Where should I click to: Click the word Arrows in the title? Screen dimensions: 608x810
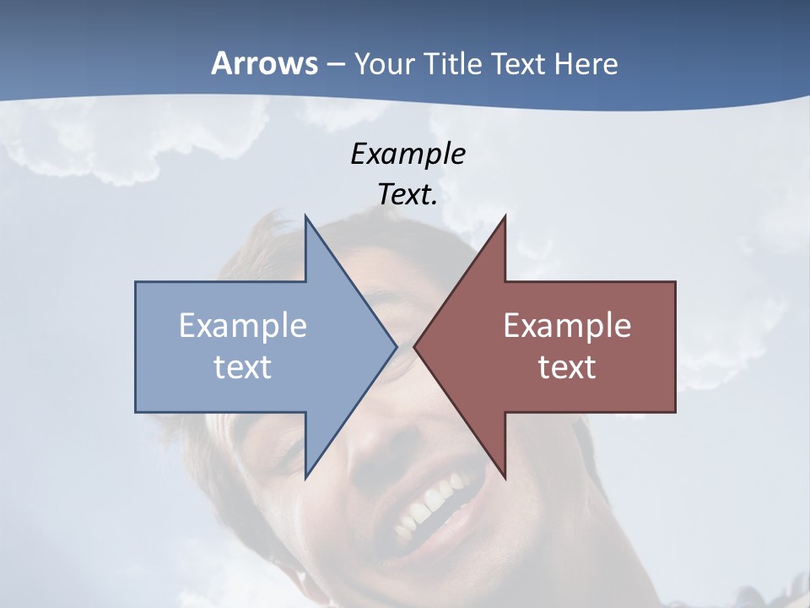tap(264, 63)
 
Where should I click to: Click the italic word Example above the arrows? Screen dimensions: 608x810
tap(408, 154)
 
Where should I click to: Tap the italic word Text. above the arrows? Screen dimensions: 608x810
tap(408, 195)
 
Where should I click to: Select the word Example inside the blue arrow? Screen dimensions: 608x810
tap(243, 326)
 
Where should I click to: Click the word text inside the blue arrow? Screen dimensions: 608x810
tap(243, 367)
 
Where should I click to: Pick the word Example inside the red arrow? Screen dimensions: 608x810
tap(567, 326)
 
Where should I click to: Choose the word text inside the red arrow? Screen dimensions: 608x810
tap(567, 367)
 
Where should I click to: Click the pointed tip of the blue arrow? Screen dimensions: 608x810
tap(396, 346)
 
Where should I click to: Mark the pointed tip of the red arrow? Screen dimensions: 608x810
tap(415, 346)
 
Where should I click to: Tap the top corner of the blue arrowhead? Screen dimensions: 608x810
tap(305, 217)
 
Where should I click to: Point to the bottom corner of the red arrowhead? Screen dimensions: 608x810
tap(505, 477)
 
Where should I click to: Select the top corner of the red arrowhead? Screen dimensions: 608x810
tap(505, 217)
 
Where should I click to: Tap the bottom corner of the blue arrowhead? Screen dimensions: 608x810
tap(305, 477)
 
